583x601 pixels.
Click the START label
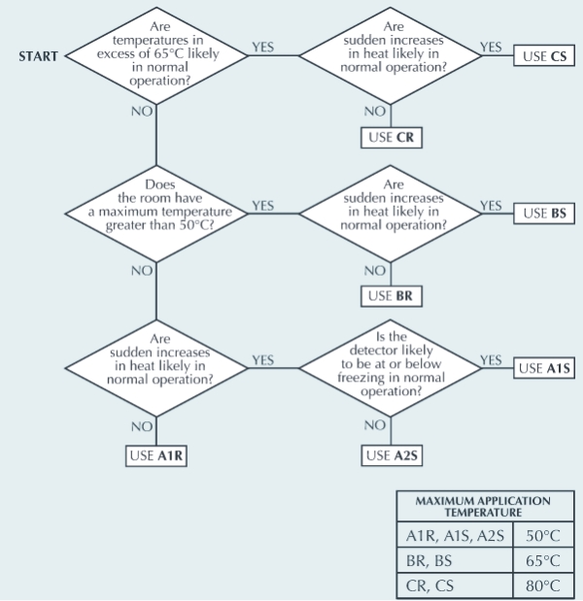click(x=38, y=56)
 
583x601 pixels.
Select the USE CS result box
click(x=544, y=56)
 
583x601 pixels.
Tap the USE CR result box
click(x=392, y=138)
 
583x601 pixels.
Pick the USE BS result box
click(x=544, y=214)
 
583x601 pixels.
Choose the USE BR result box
click(x=392, y=296)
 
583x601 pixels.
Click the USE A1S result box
click(x=544, y=368)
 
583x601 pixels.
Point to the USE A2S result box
click(x=392, y=455)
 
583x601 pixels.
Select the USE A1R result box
click(x=156, y=456)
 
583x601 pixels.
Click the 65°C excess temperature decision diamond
click(x=156, y=55)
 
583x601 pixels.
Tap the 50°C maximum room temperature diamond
click(x=156, y=214)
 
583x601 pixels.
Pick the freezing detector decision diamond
click(x=391, y=368)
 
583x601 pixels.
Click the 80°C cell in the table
click(x=543, y=585)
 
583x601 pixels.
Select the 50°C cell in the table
click(x=543, y=535)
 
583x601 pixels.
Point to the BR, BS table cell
click(x=455, y=560)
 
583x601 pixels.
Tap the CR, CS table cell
click(x=455, y=585)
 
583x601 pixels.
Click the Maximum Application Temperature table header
click(x=485, y=506)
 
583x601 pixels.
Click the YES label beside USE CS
click(x=491, y=47)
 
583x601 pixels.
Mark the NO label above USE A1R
click(x=142, y=426)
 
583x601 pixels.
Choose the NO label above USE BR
click(x=375, y=271)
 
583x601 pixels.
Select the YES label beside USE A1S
click(x=491, y=360)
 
